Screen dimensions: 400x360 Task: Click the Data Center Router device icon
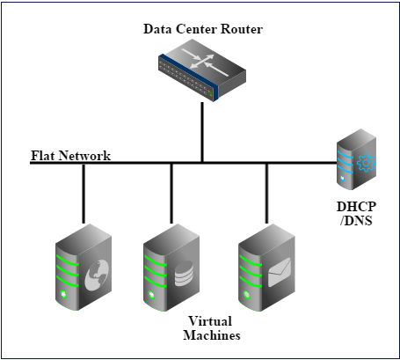tap(202, 70)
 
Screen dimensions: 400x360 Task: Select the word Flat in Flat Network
tap(43, 156)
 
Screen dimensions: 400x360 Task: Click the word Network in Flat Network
tap(84, 156)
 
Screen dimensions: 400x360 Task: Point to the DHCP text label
tap(356, 207)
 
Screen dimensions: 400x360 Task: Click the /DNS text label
tap(356, 221)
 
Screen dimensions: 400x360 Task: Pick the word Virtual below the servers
tap(210, 321)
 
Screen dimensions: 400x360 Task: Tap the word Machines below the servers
tap(212, 335)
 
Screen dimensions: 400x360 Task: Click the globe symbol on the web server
tap(97, 276)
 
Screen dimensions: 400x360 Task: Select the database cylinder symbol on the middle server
tap(184, 274)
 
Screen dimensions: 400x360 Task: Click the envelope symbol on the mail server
tap(280, 272)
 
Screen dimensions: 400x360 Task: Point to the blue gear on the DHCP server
tap(366, 163)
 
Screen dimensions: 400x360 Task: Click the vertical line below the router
tap(202, 132)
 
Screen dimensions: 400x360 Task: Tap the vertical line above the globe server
tap(84, 194)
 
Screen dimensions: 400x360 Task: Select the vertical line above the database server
tap(171, 194)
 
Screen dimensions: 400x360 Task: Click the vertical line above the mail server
tap(266, 194)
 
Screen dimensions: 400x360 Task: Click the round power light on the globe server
tap(63, 294)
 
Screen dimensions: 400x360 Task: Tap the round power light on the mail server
tap(247, 294)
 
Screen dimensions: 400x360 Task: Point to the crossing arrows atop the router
tap(205, 62)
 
